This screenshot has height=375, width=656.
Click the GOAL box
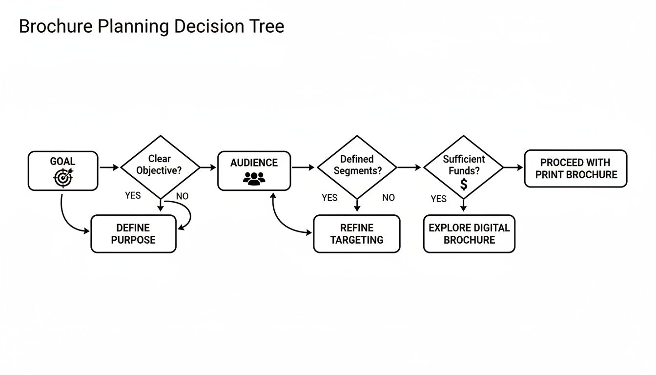(x=63, y=170)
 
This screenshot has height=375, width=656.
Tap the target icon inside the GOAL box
(x=63, y=178)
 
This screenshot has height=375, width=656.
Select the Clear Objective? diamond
(x=160, y=167)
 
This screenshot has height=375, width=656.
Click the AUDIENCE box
(x=254, y=170)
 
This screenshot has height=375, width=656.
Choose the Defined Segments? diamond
(x=357, y=167)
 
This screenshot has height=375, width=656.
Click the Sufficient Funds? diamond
(x=463, y=167)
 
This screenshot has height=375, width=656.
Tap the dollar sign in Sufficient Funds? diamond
(x=464, y=184)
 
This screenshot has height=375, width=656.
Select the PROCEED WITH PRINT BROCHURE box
(x=575, y=168)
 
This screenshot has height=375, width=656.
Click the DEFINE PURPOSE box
(x=133, y=234)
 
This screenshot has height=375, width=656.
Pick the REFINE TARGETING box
(x=356, y=234)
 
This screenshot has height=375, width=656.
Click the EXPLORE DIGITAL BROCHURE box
(x=469, y=234)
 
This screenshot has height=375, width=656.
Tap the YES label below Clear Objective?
(x=133, y=195)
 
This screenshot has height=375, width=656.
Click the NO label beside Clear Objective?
(x=182, y=196)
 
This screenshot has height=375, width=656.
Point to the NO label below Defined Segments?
(x=389, y=198)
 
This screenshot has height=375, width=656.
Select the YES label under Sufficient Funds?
(x=438, y=199)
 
